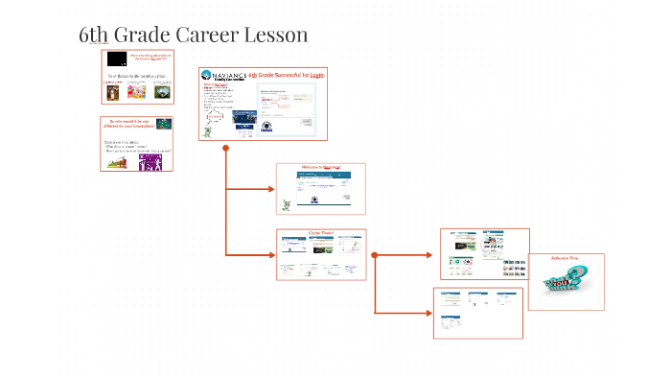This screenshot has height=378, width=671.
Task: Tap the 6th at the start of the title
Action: [94, 35]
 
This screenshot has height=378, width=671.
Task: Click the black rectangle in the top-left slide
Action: [117, 59]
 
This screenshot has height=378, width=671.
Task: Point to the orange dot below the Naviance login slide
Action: [225, 148]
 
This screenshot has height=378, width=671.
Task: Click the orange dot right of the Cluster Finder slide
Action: [374, 255]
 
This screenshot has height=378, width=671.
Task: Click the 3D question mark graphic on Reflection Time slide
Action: [566, 285]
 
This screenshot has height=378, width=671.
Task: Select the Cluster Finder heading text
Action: [320, 232]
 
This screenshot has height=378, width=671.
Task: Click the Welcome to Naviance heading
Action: [321, 167]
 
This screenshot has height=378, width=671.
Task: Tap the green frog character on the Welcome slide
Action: [287, 203]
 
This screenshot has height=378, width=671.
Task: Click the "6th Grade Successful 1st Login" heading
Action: [287, 74]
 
